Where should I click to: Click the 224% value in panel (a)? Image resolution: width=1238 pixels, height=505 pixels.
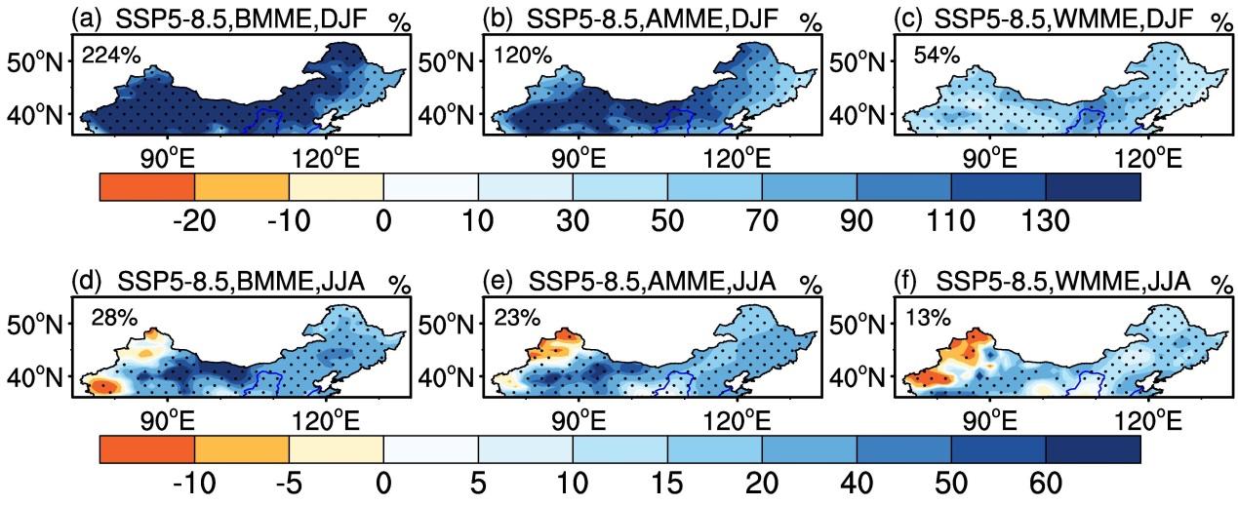click(x=110, y=56)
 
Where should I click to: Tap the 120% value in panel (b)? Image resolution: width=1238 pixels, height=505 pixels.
click(x=522, y=56)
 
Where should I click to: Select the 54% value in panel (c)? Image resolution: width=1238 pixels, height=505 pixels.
click(x=937, y=56)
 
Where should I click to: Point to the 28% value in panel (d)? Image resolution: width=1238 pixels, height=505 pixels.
click(x=114, y=318)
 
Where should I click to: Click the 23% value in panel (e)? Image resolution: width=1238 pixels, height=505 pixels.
click(x=517, y=318)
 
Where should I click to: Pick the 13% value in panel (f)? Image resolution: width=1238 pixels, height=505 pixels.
click(x=929, y=318)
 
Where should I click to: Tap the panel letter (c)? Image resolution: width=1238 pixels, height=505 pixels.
click(x=908, y=19)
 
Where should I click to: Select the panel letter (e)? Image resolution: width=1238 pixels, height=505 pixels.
click(x=497, y=283)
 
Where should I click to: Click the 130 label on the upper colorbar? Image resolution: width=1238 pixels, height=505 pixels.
click(x=1046, y=221)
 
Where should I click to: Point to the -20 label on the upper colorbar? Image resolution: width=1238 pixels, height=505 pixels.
click(x=194, y=221)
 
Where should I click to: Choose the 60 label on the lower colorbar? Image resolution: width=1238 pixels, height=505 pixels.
click(x=1046, y=484)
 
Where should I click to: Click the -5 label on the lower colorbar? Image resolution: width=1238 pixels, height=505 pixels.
click(x=289, y=484)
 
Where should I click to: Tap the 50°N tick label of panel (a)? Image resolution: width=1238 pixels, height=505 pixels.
click(x=35, y=63)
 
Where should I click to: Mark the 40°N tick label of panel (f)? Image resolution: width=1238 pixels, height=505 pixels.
click(x=858, y=377)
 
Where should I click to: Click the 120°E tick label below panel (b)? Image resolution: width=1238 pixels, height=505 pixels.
click(x=737, y=160)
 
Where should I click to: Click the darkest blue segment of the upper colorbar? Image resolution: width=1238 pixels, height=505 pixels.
click(x=1094, y=187)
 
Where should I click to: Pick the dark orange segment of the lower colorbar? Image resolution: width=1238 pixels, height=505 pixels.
click(x=147, y=449)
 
